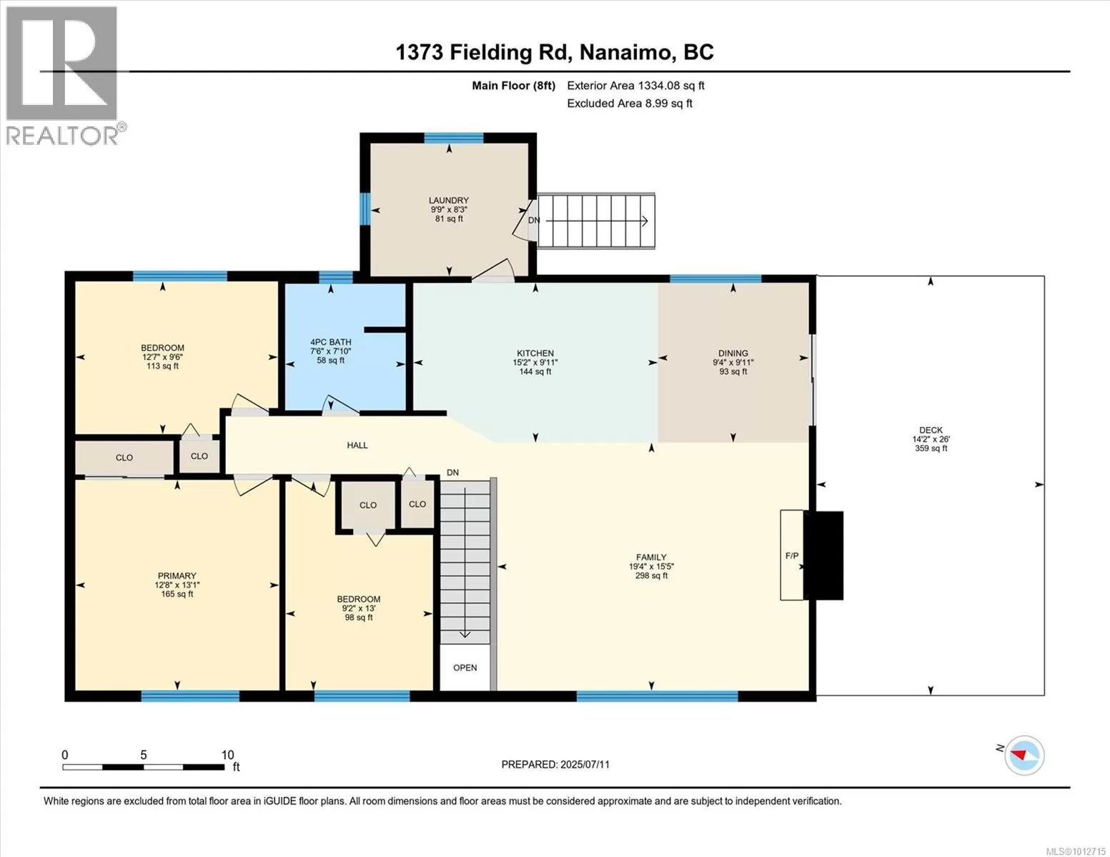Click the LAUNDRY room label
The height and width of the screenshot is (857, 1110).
(x=448, y=201)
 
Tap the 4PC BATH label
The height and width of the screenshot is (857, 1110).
(x=330, y=342)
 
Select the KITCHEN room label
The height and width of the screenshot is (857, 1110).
(x=535, y=354)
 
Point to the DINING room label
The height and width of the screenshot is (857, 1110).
(x=733, y=354)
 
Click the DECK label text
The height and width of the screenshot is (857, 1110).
(x=931, y=431)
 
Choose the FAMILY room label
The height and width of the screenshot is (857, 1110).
(x=651, y=557)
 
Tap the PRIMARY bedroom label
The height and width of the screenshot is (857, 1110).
(x=177, y=576)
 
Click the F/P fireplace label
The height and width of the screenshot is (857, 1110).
(x=792, y=556)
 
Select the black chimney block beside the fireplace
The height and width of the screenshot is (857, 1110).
(x=823, y=556)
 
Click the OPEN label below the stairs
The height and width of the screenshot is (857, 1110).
(x=465, y=668)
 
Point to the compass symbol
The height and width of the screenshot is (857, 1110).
(x=1024, y=755)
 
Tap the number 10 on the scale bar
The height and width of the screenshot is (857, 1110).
(x=227, y=755)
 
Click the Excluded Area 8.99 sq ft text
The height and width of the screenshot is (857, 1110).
(x=629, y=104)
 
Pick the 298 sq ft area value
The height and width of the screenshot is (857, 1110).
(x=651, y=576)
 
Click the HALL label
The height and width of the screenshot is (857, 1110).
(x=357, y=445)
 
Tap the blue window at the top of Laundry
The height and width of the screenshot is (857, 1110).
(x=454, y=138)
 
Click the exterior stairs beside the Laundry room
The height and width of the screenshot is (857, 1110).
(x=595, y=221)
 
